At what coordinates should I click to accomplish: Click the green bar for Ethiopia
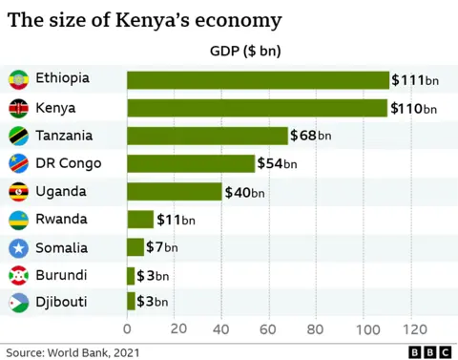click(x=258, y=79)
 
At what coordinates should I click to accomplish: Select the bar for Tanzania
click(x=207, y=136)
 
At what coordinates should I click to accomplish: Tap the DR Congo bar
click(x=191, y=163)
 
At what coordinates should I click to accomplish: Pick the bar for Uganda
click(x=174, y=191)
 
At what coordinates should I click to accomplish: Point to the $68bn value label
click(x=313, y=136)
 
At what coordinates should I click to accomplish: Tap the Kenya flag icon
click(x=17, y=108)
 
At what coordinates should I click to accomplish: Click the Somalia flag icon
click(x=17, y=248)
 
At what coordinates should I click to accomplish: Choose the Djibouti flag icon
click(x=17, y=304)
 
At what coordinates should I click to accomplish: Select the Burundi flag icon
click(x=17, y=276)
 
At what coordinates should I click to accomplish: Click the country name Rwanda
click(x=61, y=220)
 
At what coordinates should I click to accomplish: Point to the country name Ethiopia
click(x=64, y=78)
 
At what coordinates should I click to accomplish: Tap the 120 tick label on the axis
click(x=412, y=328)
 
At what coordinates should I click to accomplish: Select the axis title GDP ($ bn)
click(x=244, y=51)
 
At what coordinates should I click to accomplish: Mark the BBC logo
click(x=429, y=351)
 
